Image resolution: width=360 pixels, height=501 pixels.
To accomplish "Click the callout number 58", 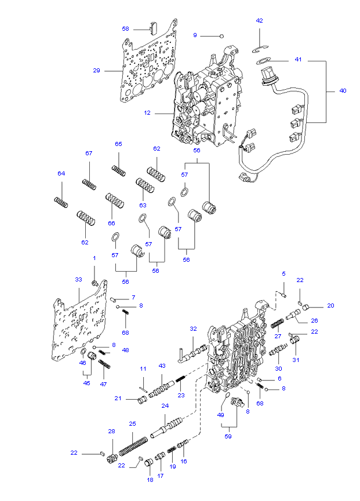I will point(125,28).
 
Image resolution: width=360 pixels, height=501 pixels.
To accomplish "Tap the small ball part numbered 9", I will point(221,35).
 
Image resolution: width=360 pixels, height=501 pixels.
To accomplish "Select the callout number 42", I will point(260,21).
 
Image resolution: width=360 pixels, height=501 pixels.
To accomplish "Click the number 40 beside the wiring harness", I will point(343,91).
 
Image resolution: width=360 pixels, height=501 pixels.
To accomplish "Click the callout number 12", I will point(147,113).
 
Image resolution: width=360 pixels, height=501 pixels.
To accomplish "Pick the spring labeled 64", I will point(61,202).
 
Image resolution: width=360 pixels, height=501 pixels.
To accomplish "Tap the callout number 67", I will point(89,153).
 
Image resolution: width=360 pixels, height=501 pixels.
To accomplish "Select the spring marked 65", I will point(119,170).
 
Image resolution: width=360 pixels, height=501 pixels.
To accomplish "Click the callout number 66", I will point(111,224).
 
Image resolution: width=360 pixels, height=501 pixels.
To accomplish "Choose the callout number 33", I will point(79,279).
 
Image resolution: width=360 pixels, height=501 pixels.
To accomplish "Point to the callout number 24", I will point(165,405).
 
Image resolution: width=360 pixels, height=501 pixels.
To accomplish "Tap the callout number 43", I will point(162,365).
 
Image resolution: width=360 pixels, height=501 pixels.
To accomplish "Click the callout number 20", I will point(330,306).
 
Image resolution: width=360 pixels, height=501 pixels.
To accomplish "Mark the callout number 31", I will point(296,360).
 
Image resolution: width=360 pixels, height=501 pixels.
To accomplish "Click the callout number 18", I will point(150,480).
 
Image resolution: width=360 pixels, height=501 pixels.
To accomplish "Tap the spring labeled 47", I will point(104,364).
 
